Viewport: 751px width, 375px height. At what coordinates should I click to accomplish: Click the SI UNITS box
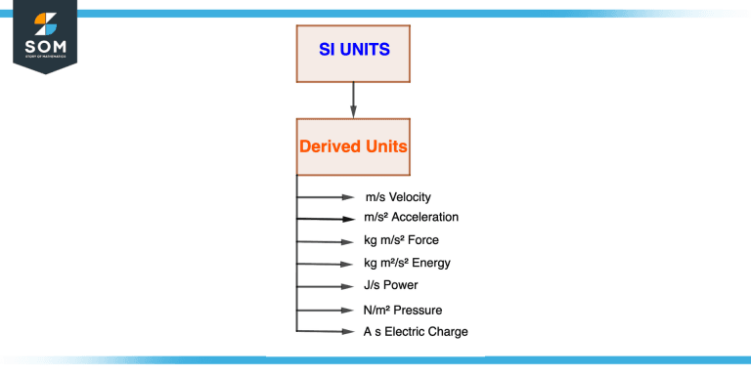[x=353, y=50]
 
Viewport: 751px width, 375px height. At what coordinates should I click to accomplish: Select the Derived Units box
[x=353, y=146]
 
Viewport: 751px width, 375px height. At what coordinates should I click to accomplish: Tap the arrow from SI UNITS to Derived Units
[x=353, y=99]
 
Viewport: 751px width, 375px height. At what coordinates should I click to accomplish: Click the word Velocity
[x=410, y=197]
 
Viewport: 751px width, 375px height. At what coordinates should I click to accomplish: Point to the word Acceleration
[x=424, y=217]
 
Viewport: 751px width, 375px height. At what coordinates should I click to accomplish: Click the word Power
[x=401, y=285]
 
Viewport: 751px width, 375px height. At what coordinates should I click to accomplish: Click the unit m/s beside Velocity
[x=375, y=197]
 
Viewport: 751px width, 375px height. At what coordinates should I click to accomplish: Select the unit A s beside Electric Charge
[x=372, y=332]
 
